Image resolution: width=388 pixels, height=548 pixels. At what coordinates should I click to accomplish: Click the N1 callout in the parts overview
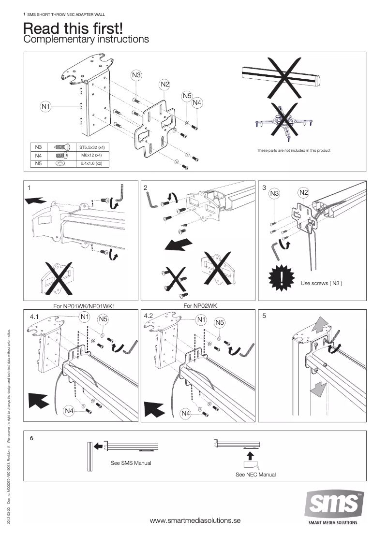(x=45, y=106)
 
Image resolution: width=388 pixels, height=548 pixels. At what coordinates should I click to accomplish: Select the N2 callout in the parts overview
(x=164, y=85)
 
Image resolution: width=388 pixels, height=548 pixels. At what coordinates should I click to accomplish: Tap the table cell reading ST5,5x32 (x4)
(x=92, y=146)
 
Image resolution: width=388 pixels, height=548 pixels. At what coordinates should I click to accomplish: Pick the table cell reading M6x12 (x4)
(x=92, y=155)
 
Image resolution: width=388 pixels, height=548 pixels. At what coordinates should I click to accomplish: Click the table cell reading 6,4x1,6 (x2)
(x=92, y=164)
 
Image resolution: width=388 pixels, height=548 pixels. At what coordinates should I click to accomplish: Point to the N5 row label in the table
(x=39, y=164)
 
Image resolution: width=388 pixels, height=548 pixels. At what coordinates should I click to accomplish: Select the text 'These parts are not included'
(x=294, y=151)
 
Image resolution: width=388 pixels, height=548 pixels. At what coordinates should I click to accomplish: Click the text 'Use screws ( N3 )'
(x=321, y=283)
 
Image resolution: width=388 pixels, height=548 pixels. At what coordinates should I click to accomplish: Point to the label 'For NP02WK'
(x=200, y=306)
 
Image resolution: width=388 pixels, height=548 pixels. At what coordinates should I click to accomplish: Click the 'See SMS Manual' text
(x=131, y=463)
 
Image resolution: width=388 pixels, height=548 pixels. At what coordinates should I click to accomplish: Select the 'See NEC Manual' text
(x=255, y=475)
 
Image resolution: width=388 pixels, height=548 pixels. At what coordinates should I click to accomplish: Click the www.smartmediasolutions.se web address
(x=195, y=520)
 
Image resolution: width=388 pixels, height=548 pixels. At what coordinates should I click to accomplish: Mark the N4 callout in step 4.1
(x=69, y=411)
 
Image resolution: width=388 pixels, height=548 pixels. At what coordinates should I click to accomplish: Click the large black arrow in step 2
(x=178, y=244)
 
